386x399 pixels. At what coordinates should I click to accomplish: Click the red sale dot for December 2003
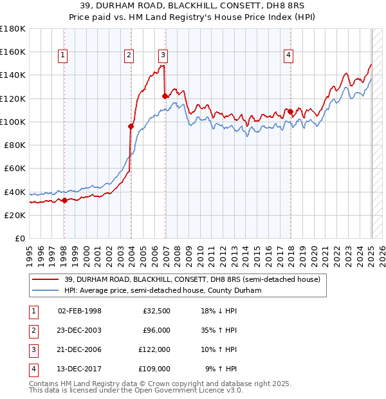coord(131,126)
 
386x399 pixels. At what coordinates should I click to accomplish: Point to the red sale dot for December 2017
coord(290,111)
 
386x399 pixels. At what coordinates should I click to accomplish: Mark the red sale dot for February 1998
coord(64,201)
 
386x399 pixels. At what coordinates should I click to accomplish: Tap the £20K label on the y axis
coord(15,215)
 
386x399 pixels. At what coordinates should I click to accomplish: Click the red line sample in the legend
coord(46,279)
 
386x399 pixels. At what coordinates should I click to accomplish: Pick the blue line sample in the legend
coord(46,290)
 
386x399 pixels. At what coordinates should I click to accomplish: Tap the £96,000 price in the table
coord(156,330)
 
